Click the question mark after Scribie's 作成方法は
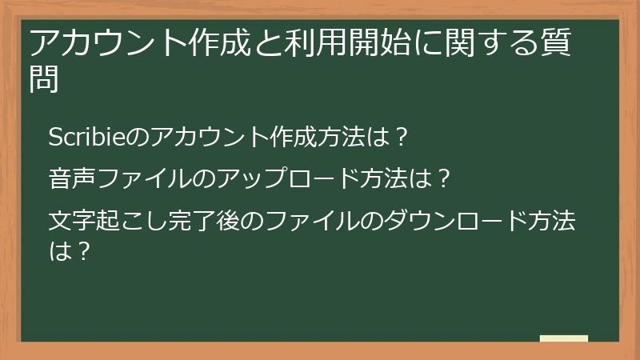pos(403,137)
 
